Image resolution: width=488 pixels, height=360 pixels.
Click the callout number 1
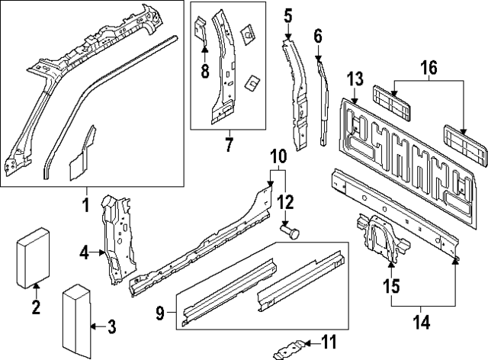click(86, 204)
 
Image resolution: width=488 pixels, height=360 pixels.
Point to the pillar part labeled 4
click(114, 236)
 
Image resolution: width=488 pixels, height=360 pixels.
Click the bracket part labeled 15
click(377, 236)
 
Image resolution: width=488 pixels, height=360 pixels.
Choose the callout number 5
click(287, 15)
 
